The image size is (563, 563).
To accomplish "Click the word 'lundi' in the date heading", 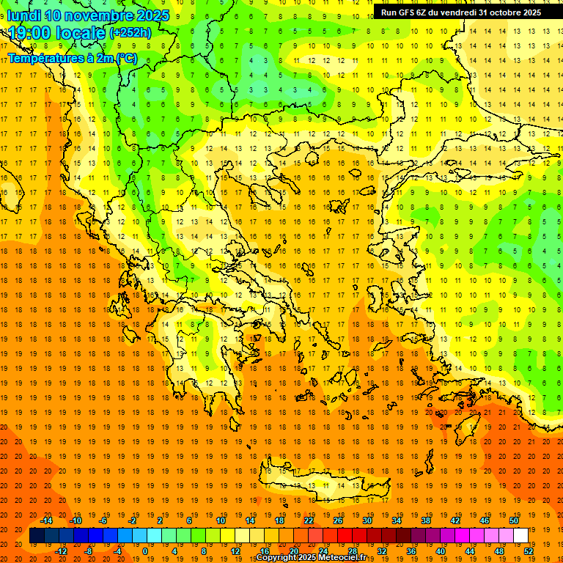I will pos(23,15).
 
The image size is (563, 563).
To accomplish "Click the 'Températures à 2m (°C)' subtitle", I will pos(72,58).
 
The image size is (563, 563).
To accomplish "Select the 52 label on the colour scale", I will pos(529,551).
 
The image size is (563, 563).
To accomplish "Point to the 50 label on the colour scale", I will pos(513,520).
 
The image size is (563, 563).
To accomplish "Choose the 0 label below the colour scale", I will pos(145,551).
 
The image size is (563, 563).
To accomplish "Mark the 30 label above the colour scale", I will pos(367,520).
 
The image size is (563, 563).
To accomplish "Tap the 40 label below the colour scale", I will pos(441,551).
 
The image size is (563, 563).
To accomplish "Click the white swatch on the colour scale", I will pos(520,536).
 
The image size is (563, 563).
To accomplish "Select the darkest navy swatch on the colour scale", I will pos(37,536).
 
